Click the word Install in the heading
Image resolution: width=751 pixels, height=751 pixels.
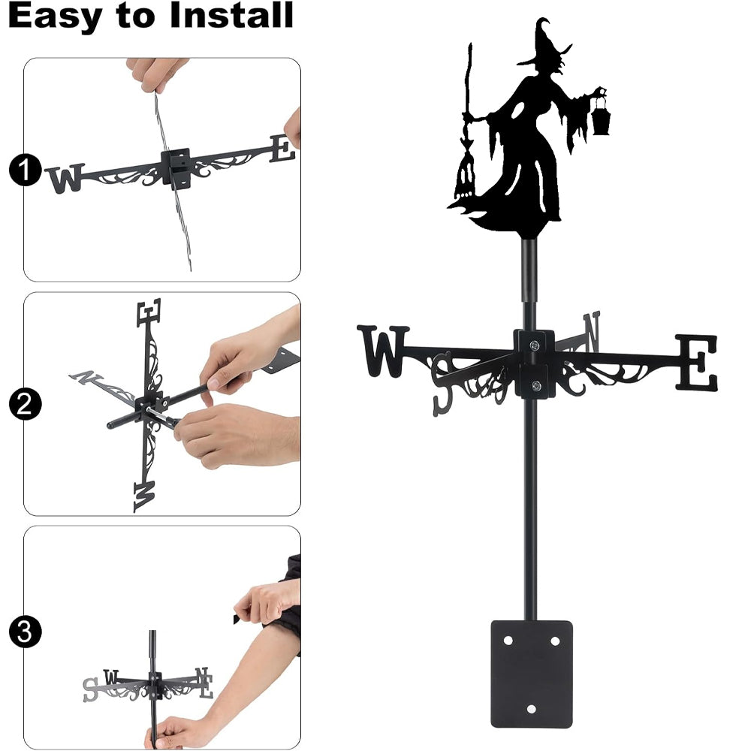pos(231,15)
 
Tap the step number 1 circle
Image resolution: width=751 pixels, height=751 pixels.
pos(25,170)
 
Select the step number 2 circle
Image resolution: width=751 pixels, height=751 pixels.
pos(25,404)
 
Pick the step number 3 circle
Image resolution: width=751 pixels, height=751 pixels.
pos(25,632)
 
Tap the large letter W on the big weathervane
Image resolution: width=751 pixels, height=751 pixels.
pos(383,351)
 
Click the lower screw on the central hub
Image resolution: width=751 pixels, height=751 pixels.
pos(536,385)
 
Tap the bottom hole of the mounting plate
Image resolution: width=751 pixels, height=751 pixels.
pos(531,709)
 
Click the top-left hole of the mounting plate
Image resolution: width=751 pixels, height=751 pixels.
pos(508,641)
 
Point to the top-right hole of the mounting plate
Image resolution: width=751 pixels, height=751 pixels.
pos(555,641)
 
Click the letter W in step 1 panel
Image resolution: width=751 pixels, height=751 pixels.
pos(65,178)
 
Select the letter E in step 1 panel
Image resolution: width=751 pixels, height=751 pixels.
pos(282,149)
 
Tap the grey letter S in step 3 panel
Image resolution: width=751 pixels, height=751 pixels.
pos(91,689)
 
